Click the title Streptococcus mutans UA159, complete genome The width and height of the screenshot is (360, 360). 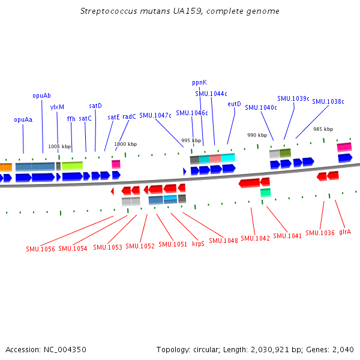180,11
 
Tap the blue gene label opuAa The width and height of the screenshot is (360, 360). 23,119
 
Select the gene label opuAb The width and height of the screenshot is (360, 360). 41,95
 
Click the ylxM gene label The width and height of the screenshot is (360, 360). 57,107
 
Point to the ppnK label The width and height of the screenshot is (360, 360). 199,82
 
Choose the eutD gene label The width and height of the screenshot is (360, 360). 234,104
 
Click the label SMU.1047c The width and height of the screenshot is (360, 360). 155,115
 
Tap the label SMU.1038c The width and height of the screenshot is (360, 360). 328,101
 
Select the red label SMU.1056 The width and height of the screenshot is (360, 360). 40,248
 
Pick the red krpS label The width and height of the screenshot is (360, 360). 198,244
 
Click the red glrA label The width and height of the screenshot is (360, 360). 345,232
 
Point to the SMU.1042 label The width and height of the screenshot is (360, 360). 255,238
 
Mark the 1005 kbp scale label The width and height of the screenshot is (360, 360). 59,146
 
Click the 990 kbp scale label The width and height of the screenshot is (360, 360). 257,136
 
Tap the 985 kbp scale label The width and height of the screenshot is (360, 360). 323,129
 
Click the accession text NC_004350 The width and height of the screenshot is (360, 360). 46,349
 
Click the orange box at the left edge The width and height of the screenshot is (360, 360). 5,167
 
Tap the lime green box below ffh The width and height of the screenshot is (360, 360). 72,166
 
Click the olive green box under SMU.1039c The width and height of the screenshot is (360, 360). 285,153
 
